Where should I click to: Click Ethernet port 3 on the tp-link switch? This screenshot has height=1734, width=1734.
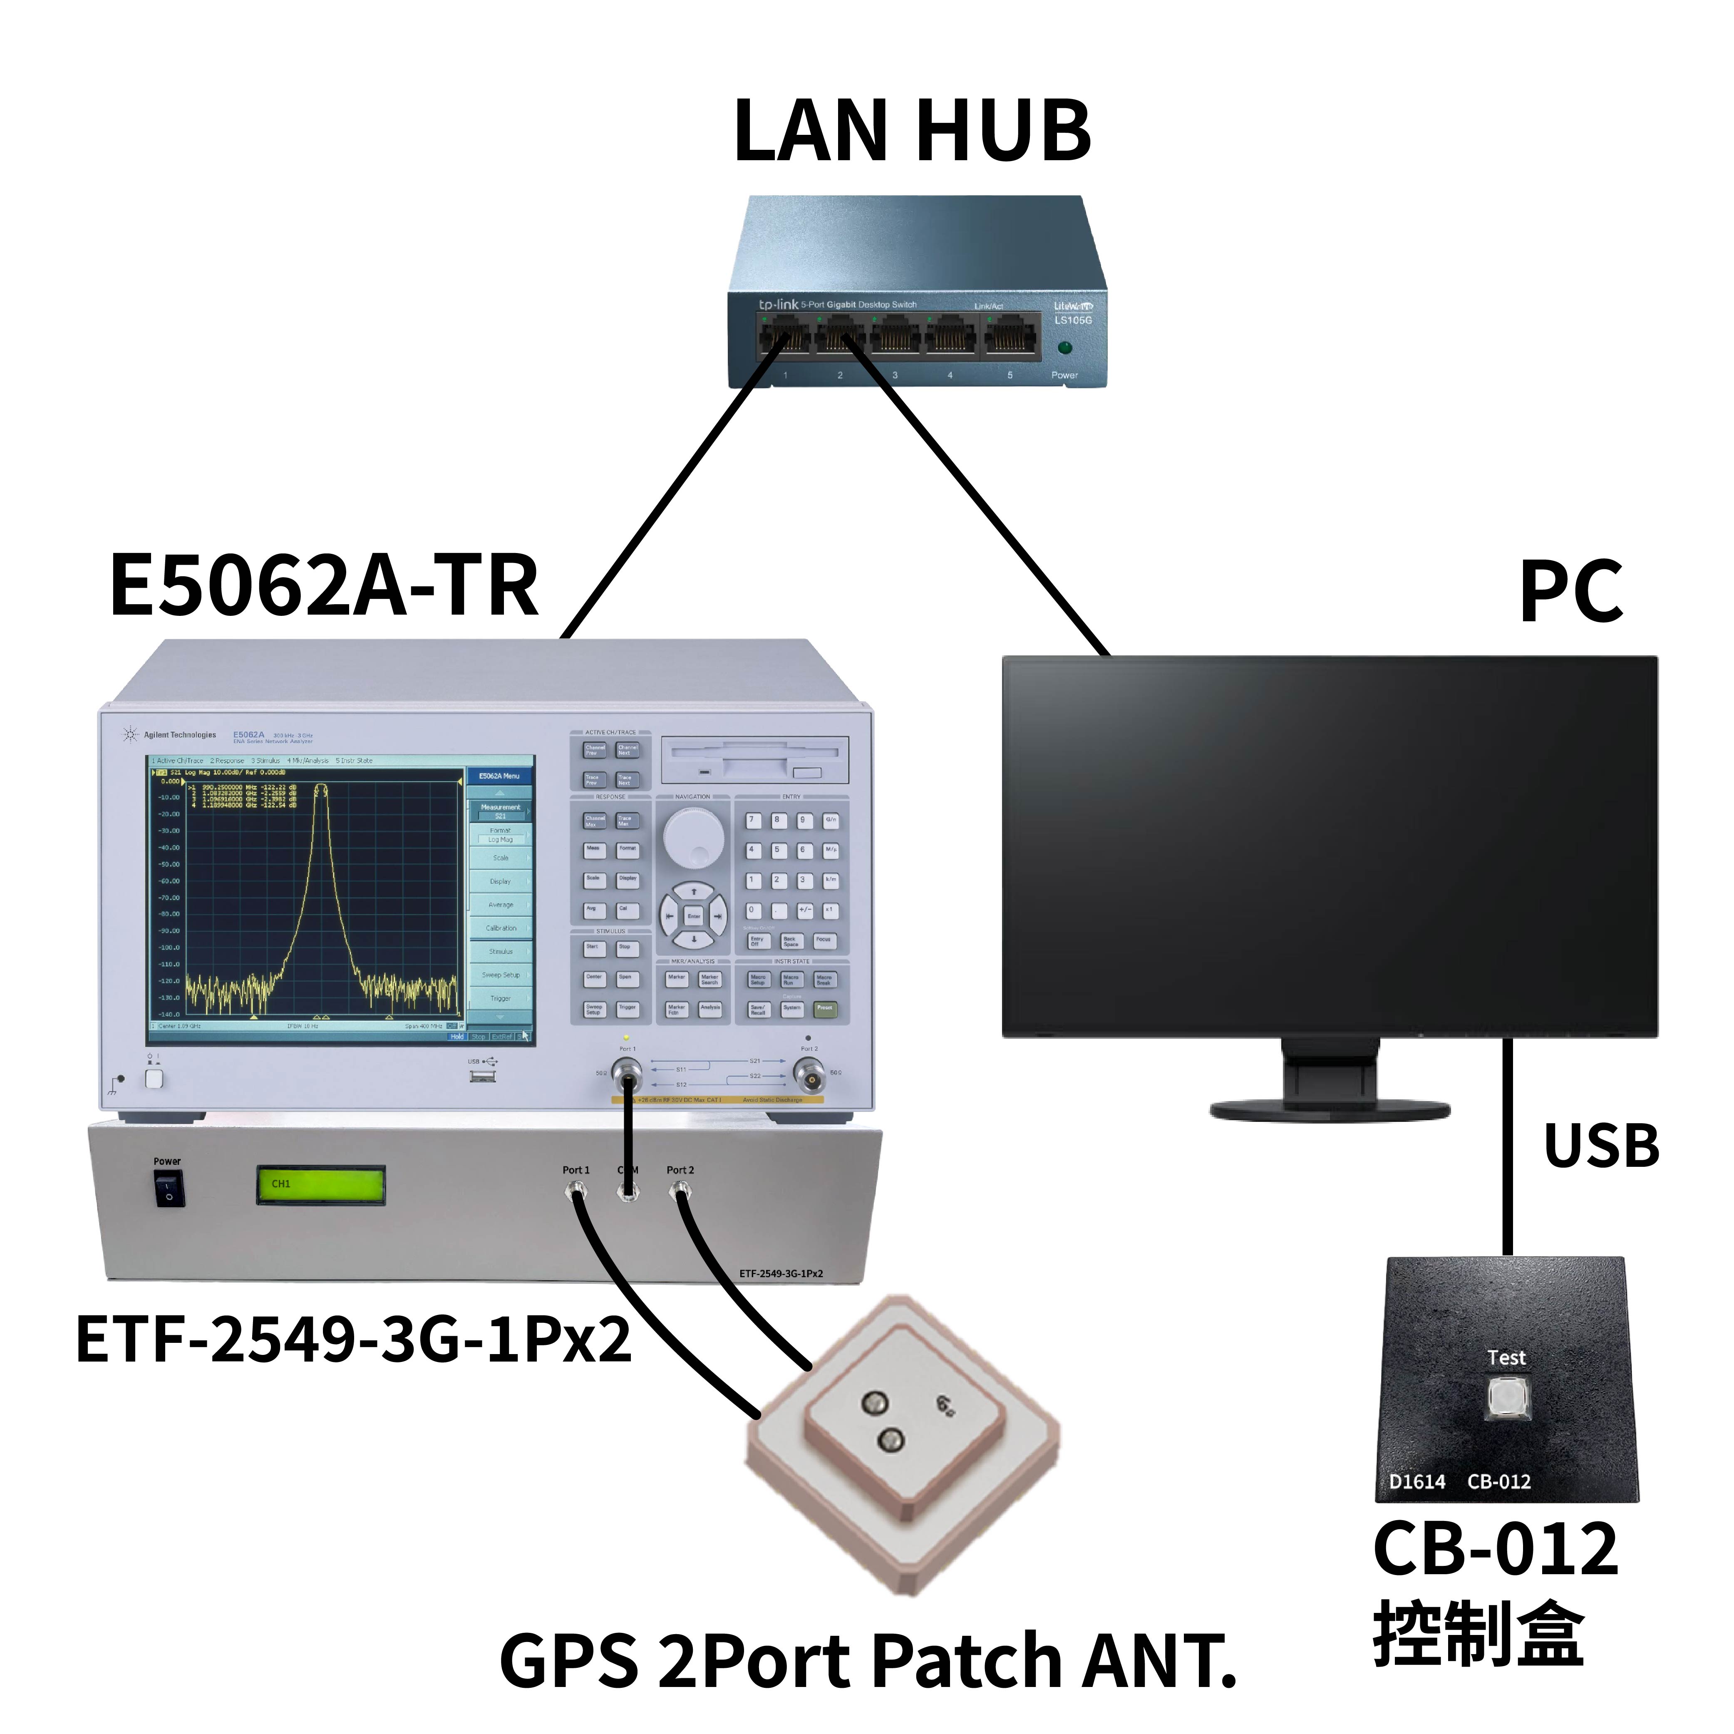895,337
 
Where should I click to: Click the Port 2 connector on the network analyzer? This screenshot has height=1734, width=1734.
809,1074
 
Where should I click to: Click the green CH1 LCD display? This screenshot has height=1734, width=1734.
320,1185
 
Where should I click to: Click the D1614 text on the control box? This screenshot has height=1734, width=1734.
1417,1482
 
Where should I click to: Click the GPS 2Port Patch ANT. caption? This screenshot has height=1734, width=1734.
867,1660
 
